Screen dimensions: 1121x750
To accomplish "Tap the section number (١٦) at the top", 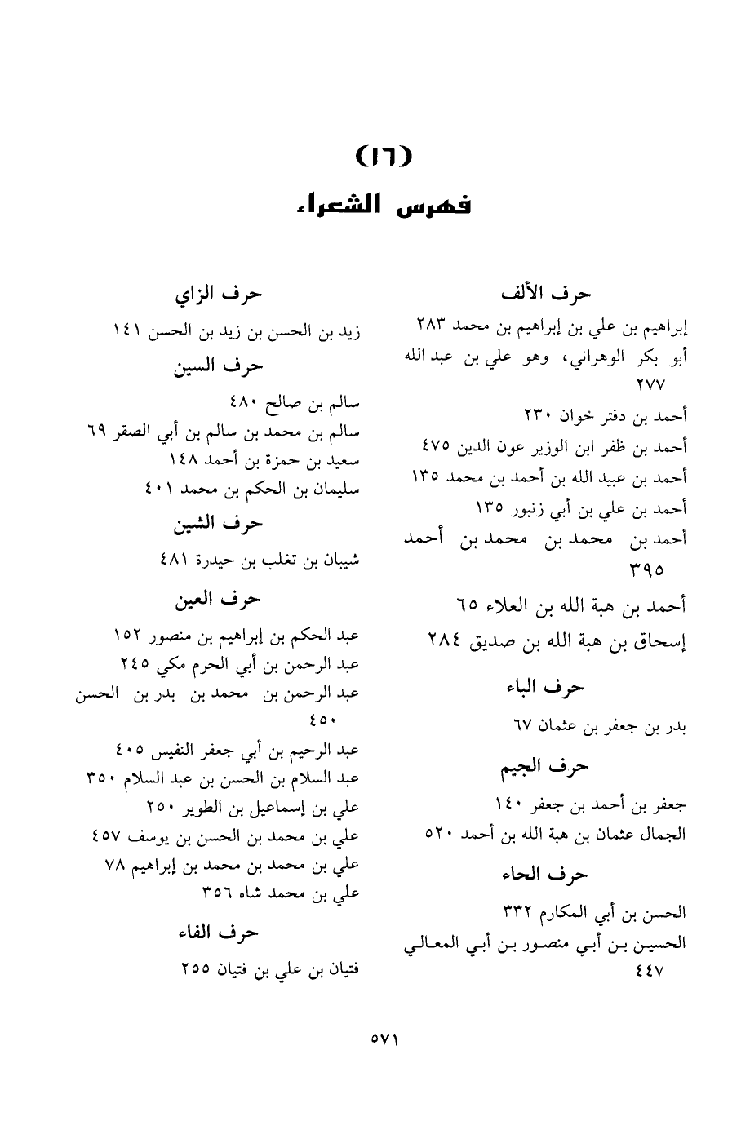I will pyautogui.click(x=380, y=155).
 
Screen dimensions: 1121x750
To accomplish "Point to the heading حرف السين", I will pyautogui.click(x=218, y=366).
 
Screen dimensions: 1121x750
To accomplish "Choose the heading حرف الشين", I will pyautogui.click(x=218, y=523).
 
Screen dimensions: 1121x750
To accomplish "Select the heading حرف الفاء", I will pyautogui.click(x=218, y=932).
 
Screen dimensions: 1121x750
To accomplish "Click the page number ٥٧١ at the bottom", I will pyautogui.click(x=383, y=1039).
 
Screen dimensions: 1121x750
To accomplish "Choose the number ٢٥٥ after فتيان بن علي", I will pyautogui.click(x=196, y=970).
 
